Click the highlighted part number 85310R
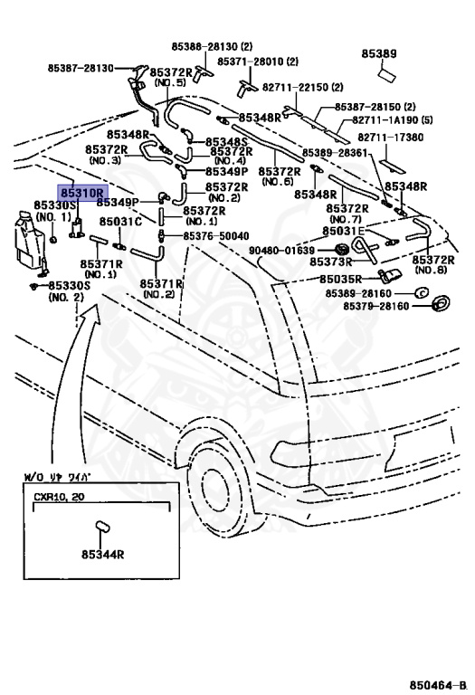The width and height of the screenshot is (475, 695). pyautogui.click(x=83, y=194)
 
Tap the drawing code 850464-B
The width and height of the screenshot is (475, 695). pyautogui.click(x=438, y=685)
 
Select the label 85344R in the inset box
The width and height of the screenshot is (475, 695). pyautogui.click(x=102, y=554)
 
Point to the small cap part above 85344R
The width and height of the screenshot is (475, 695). pyautogui.click(x=103, y=527)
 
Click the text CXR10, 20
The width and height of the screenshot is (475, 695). pyautogui.click(x=59, y=497)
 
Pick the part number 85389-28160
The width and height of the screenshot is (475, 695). pyautogui.click(x=358, y=293)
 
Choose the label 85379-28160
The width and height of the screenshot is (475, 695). pyautogui.click(x=375, y=306)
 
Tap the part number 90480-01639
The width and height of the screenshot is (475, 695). pyautogui.click(x=281, y=251)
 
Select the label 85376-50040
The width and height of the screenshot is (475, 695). pyautogui.click(x=216, y=236)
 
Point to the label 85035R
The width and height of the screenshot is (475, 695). pyautogui.click(x=340, y=280)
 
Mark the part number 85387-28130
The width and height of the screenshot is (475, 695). pyautogui.click(x=81, y=68)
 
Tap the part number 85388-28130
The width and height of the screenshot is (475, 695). pyautogui.click(x=212, y=46)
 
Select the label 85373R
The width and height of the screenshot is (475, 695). pyautogui.click(x=330, y=262)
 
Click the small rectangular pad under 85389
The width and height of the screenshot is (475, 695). pyautogui.click(x=386, y=74)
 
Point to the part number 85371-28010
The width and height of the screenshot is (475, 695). pyautogui.click(x=258, y=62)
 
